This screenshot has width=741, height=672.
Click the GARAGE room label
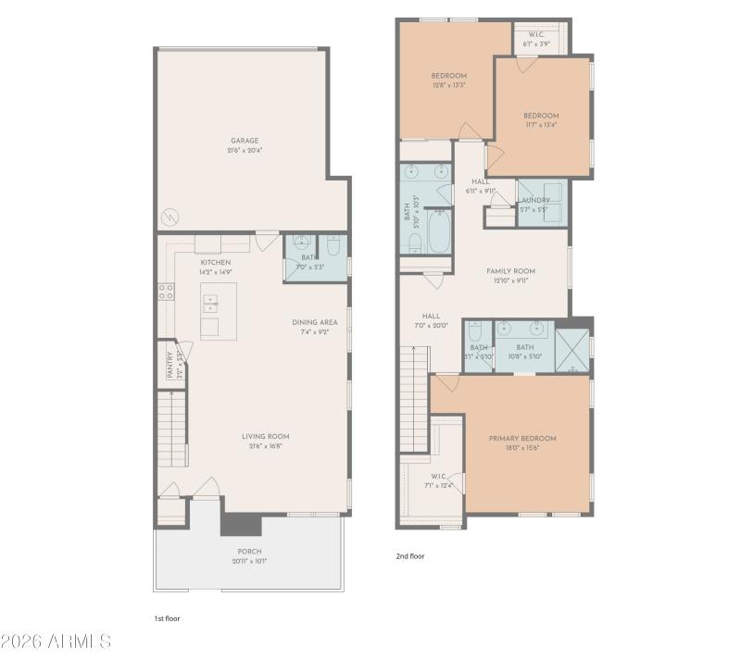coord(245,141)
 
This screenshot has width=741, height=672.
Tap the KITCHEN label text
coord(215,262)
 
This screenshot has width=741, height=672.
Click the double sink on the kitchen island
coord(210,302)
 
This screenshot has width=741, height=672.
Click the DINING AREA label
coord(315,322)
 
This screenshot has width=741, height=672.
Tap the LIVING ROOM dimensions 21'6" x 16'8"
coord(266,446)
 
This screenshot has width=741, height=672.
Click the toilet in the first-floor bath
coord(334,245)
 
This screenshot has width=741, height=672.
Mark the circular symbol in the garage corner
coord(170,217)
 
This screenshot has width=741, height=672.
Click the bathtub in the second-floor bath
coord(438,231)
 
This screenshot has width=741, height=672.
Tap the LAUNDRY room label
coord(535,200)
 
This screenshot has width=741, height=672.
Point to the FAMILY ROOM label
coord(511,271)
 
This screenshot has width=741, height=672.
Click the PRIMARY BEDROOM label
coord(523,438)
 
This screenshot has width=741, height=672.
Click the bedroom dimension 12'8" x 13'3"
coord(448,84)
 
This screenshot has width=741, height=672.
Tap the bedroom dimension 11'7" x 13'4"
coord(541,124)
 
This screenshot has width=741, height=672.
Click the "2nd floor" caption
coord(410,556)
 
